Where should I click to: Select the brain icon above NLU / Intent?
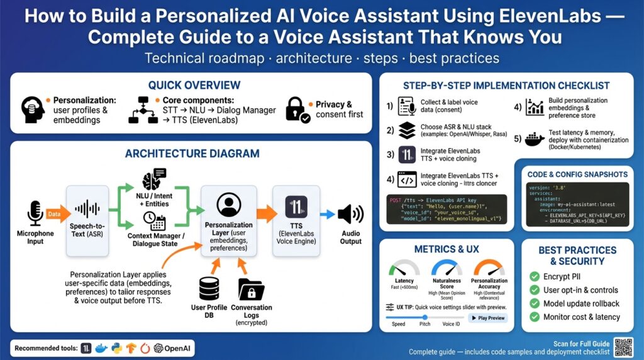[x=153, y=180]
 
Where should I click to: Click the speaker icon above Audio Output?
[x=351, y=215]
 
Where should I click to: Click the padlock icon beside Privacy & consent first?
[x=297, y=109]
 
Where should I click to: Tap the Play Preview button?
[x=487, y=318]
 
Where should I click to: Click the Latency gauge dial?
[x=404, y=267]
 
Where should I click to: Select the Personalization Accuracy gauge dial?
[x=489, y=267]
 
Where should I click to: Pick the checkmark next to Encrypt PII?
[x=535, y=276]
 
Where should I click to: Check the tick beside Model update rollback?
[x=535, y=303]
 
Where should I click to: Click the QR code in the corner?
[x=623, y=347]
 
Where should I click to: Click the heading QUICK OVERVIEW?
[x=194, y=85]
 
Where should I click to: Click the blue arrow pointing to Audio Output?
[x=327, y=215]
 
